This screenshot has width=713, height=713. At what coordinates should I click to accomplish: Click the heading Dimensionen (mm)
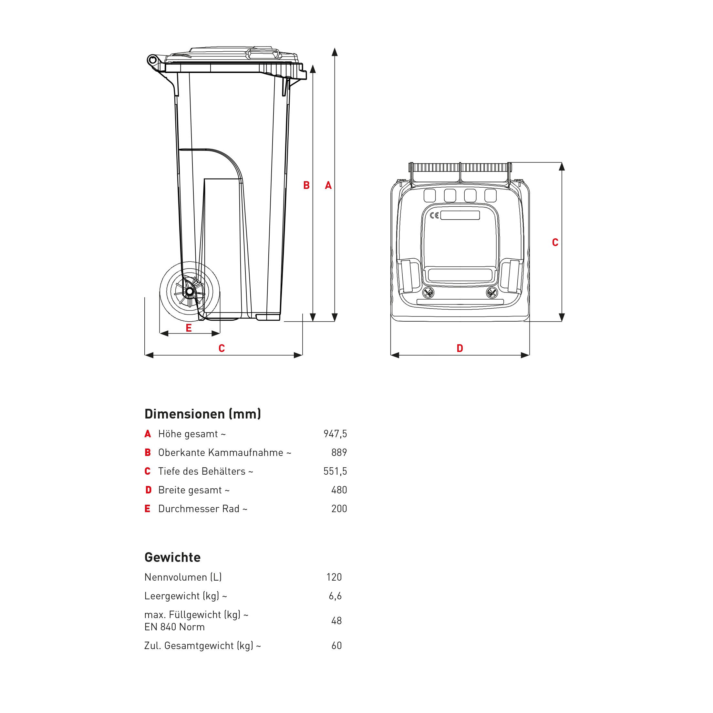[202, 414]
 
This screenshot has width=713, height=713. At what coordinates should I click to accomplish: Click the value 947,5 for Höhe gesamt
[335, 434]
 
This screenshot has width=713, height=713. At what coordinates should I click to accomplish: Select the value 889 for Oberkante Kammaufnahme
[339, 452]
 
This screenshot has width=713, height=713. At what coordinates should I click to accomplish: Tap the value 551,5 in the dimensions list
[335, 471]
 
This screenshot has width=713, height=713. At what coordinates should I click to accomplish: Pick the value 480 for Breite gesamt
[339, 490]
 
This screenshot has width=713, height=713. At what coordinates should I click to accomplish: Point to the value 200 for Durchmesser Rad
[339, 509]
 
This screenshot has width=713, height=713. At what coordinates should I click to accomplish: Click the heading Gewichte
[172, 557]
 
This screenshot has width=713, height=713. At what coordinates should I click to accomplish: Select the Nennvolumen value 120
[334, 577]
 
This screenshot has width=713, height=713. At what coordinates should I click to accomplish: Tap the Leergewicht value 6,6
[335, 596]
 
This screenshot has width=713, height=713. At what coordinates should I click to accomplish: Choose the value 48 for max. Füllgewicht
[336, 621]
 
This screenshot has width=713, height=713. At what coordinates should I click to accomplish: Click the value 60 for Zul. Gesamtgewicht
[336, 646]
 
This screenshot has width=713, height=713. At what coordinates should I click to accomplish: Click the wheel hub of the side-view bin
[190, 292]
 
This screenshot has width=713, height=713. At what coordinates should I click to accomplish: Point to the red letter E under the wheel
[189, 328]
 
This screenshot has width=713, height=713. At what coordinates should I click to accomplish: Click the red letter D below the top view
[460, 348]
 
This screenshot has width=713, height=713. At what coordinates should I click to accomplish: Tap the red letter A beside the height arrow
[328, 185]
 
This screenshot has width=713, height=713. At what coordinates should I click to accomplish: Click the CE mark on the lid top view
[434, 215]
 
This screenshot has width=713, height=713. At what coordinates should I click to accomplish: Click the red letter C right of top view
[555, 243]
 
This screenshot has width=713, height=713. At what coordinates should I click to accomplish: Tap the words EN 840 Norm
[174, 627]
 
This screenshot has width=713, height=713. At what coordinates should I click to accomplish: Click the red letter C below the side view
[222, 348]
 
